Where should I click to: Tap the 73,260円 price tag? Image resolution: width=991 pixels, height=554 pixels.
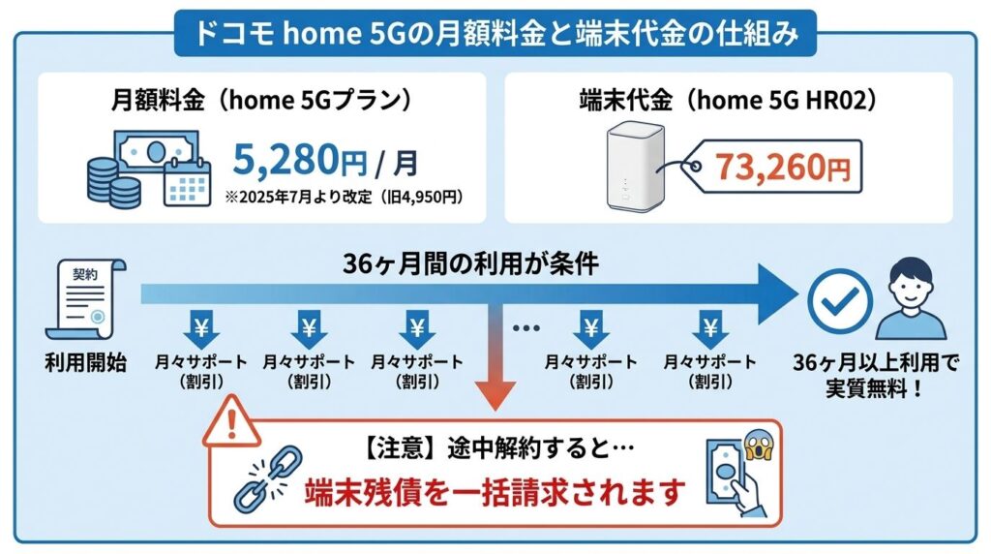(x=783, y=166)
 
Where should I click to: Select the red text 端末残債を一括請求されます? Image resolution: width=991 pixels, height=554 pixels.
(x=496, y=492)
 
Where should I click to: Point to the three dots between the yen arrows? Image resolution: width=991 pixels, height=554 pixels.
(x=527, y=327)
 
